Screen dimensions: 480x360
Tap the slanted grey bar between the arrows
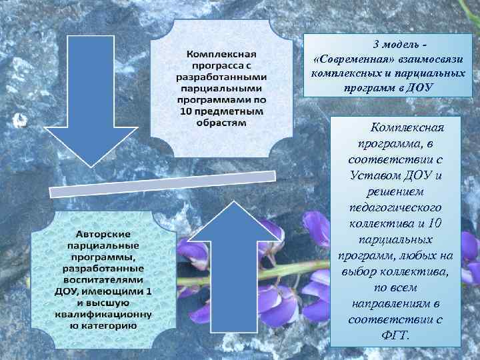(163, 183)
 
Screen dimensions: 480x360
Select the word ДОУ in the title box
(419, 87)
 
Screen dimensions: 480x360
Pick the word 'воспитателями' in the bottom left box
(103, 280)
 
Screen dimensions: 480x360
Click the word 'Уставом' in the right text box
(375, 175)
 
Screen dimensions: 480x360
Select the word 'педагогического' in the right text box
(396, 207)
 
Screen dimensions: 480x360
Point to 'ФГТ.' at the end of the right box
(395, 335)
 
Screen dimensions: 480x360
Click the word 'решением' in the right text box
(396, 191)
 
